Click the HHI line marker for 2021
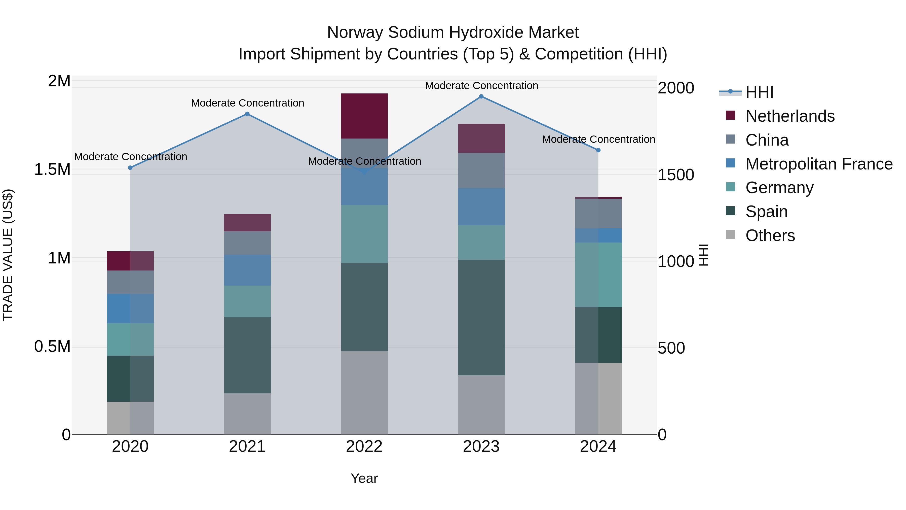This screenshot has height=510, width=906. click(247, 114)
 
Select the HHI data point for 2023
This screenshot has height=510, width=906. click(481, 96)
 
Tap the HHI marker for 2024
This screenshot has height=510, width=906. click(598, 150)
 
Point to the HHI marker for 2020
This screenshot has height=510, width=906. click(130, 168)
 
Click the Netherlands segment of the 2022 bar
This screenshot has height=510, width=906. click(364, 116)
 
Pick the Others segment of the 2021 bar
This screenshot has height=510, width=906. click(247, 414)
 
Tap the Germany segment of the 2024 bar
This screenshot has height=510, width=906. click(598, 275)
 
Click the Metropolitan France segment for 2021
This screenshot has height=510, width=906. click(247, 270)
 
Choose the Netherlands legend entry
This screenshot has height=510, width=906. click(789, 116)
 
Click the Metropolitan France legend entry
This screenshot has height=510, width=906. click(819, 164)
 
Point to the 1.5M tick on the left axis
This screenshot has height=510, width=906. click(52, 170)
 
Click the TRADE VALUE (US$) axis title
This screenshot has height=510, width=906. click(8, 255)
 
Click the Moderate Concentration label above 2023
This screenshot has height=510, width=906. click(481, 86)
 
